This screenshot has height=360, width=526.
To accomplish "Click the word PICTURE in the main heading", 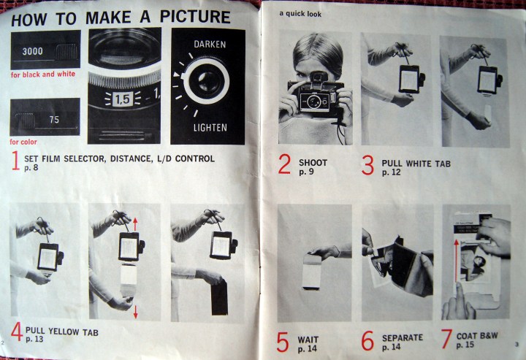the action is (x=195, y=16).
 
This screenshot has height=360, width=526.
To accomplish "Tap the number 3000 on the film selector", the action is (x=33, y=51).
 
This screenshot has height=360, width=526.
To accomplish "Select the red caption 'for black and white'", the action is (x=43, y=74).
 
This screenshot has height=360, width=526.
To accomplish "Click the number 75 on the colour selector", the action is (x=54, y=119).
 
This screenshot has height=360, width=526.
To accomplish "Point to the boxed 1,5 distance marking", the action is (x=122, y=99).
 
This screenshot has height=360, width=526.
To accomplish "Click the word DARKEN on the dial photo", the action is (x=210, y=45).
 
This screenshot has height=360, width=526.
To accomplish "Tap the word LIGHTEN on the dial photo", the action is (x=210, y=127).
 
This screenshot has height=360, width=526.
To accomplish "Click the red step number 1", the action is (x=15, y=161).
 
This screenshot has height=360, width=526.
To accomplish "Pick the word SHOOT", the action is (x=313, y=163).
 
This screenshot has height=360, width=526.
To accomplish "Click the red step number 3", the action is (x=367, y=165).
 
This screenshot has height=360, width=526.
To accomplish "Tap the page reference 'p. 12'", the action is (x=391, y=172).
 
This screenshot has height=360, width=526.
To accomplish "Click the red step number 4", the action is (x=16, y=332).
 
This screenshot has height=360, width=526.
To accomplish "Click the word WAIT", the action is (x=308, y=340).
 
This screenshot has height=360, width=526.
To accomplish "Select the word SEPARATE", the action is (x=403, y=338).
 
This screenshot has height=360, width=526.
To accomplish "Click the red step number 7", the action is (x=446, y=339).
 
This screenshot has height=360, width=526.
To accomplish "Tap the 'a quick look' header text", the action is (x=300, y=14).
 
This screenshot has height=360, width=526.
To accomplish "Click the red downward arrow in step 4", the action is (x=136, y=311).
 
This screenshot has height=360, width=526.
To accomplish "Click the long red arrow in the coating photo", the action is (x=456, y=261).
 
